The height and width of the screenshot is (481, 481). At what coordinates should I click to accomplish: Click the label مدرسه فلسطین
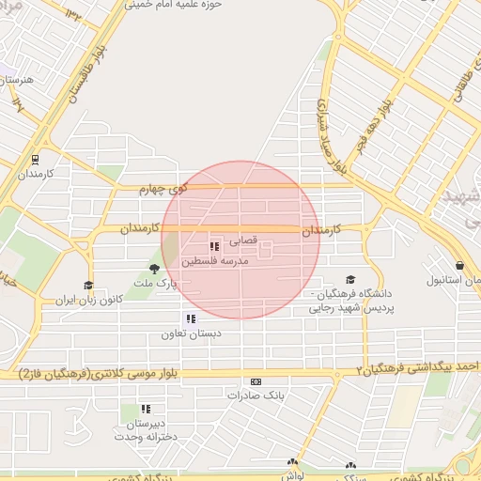pos(215,260)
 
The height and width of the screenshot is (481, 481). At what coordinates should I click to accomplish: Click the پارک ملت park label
pos(155,282)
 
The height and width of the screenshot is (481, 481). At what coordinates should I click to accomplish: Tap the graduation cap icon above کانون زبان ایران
pos(88,286)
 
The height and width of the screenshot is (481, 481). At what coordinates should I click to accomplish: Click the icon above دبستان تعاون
pos(192,319)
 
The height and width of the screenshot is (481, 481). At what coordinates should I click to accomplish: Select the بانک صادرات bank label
pos(256,396)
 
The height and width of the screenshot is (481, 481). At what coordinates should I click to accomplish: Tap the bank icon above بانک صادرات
pos(256,382)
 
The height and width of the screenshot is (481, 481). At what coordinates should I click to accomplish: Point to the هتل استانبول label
pos(454,280)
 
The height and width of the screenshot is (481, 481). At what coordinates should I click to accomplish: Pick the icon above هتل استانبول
pos(459,266)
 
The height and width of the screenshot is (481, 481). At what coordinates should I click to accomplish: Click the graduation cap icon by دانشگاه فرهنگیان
pos(350,279)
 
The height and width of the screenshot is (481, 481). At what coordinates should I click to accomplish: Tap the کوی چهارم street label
pos(163,189)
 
